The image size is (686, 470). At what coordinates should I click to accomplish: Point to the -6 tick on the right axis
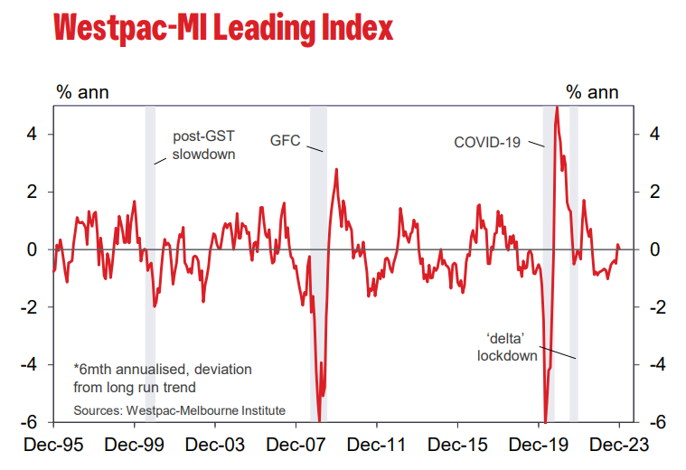click(x=656, y=423)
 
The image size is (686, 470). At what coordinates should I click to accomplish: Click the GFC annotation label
click(x=285, y=141)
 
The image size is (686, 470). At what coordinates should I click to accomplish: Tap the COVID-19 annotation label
click(x=487, y=142)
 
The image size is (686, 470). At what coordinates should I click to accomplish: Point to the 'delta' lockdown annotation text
click(x=507, y=347)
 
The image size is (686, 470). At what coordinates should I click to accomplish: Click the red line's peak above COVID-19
click(x=557, y=108)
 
